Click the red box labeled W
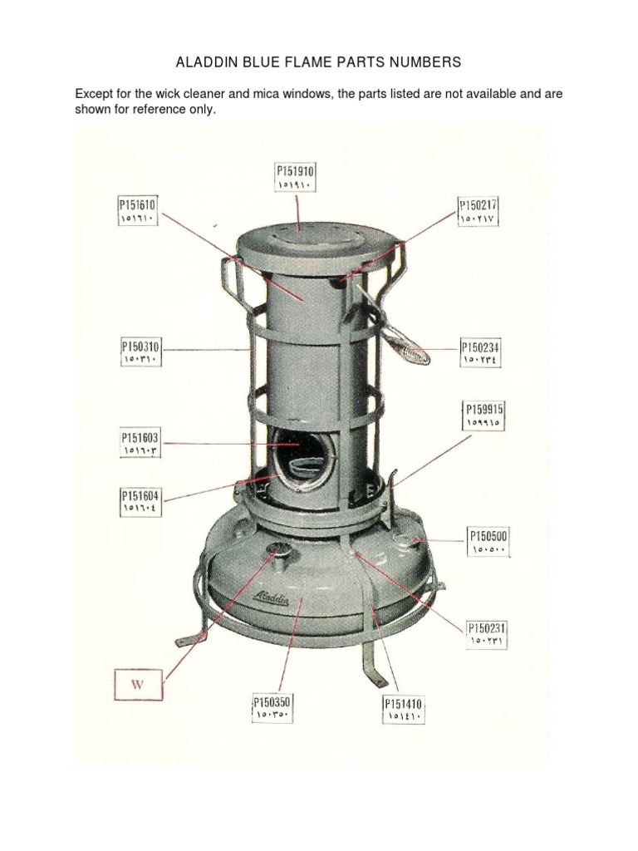138,685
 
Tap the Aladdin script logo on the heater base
272,598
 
